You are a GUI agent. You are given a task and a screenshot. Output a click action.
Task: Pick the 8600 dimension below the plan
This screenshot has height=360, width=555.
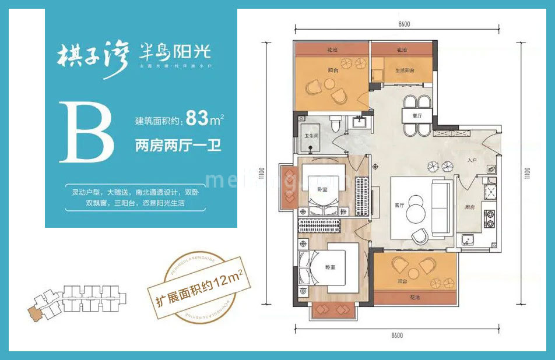tap(397, 336)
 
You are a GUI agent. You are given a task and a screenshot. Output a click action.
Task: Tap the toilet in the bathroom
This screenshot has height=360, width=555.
tap(335, 123)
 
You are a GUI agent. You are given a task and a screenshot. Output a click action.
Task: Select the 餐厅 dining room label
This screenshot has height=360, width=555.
tap(417, 116)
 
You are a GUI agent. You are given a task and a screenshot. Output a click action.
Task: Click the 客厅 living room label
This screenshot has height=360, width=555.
tap(400, 204)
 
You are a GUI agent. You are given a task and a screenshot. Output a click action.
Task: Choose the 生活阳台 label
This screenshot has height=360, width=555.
tap(406, 70)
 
